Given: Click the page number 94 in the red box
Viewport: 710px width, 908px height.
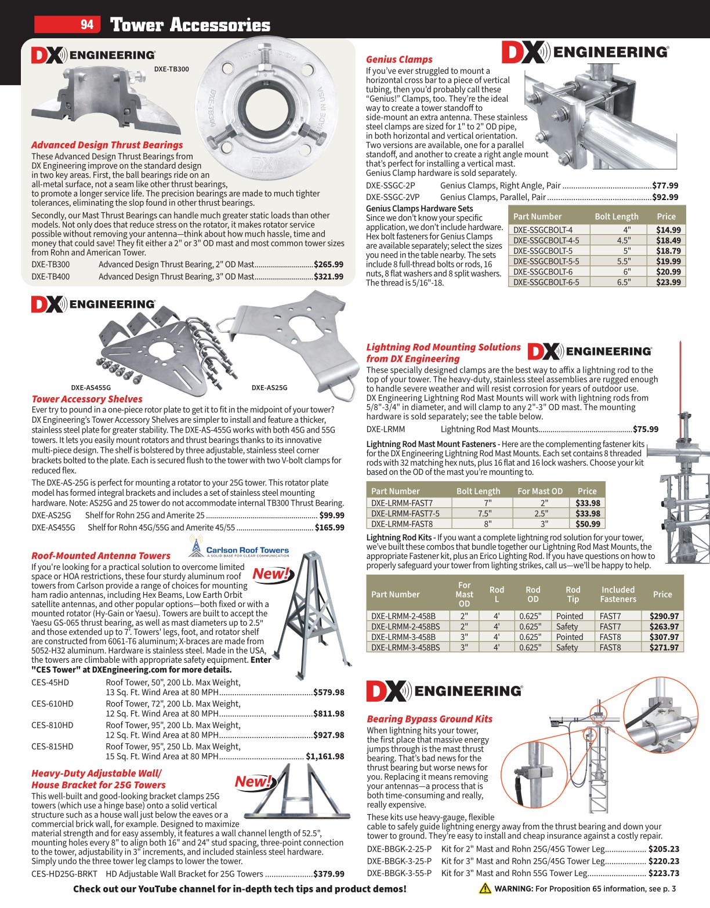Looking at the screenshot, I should click(x=86, y=24).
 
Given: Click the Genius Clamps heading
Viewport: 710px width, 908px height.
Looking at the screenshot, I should click(x=399, y=59).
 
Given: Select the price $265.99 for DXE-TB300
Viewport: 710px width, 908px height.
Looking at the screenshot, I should click(x=328, y=264).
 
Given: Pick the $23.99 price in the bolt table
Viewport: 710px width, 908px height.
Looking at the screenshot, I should click(x=668, y=282).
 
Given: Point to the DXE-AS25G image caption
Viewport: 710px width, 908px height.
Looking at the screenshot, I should click(x=269, y=387).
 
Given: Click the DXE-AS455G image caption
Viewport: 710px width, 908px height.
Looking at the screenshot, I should click(x=90, y=387).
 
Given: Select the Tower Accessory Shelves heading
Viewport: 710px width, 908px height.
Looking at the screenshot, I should click(x=87, y=399).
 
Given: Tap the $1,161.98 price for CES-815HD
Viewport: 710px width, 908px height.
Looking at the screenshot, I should click(x=325, y=756).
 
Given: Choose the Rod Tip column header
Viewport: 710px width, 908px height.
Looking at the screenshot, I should click(x=573, y=594).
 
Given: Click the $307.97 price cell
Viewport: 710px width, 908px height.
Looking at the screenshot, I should click(x=664, y=637).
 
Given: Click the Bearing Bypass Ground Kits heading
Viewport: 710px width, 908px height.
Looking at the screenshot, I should click(x=429, y=719).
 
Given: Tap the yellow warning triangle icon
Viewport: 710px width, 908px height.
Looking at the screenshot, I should click(x=485, y=888).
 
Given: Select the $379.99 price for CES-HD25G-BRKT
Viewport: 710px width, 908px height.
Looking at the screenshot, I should click(x=328, y=874).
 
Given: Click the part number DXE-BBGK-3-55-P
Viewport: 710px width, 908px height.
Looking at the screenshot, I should click(x=399, y=873).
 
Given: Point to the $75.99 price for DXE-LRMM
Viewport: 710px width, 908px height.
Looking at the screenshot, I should click(x=646, y=429).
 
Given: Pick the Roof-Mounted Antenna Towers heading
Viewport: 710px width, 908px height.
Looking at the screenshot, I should click(x=101, y=555).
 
